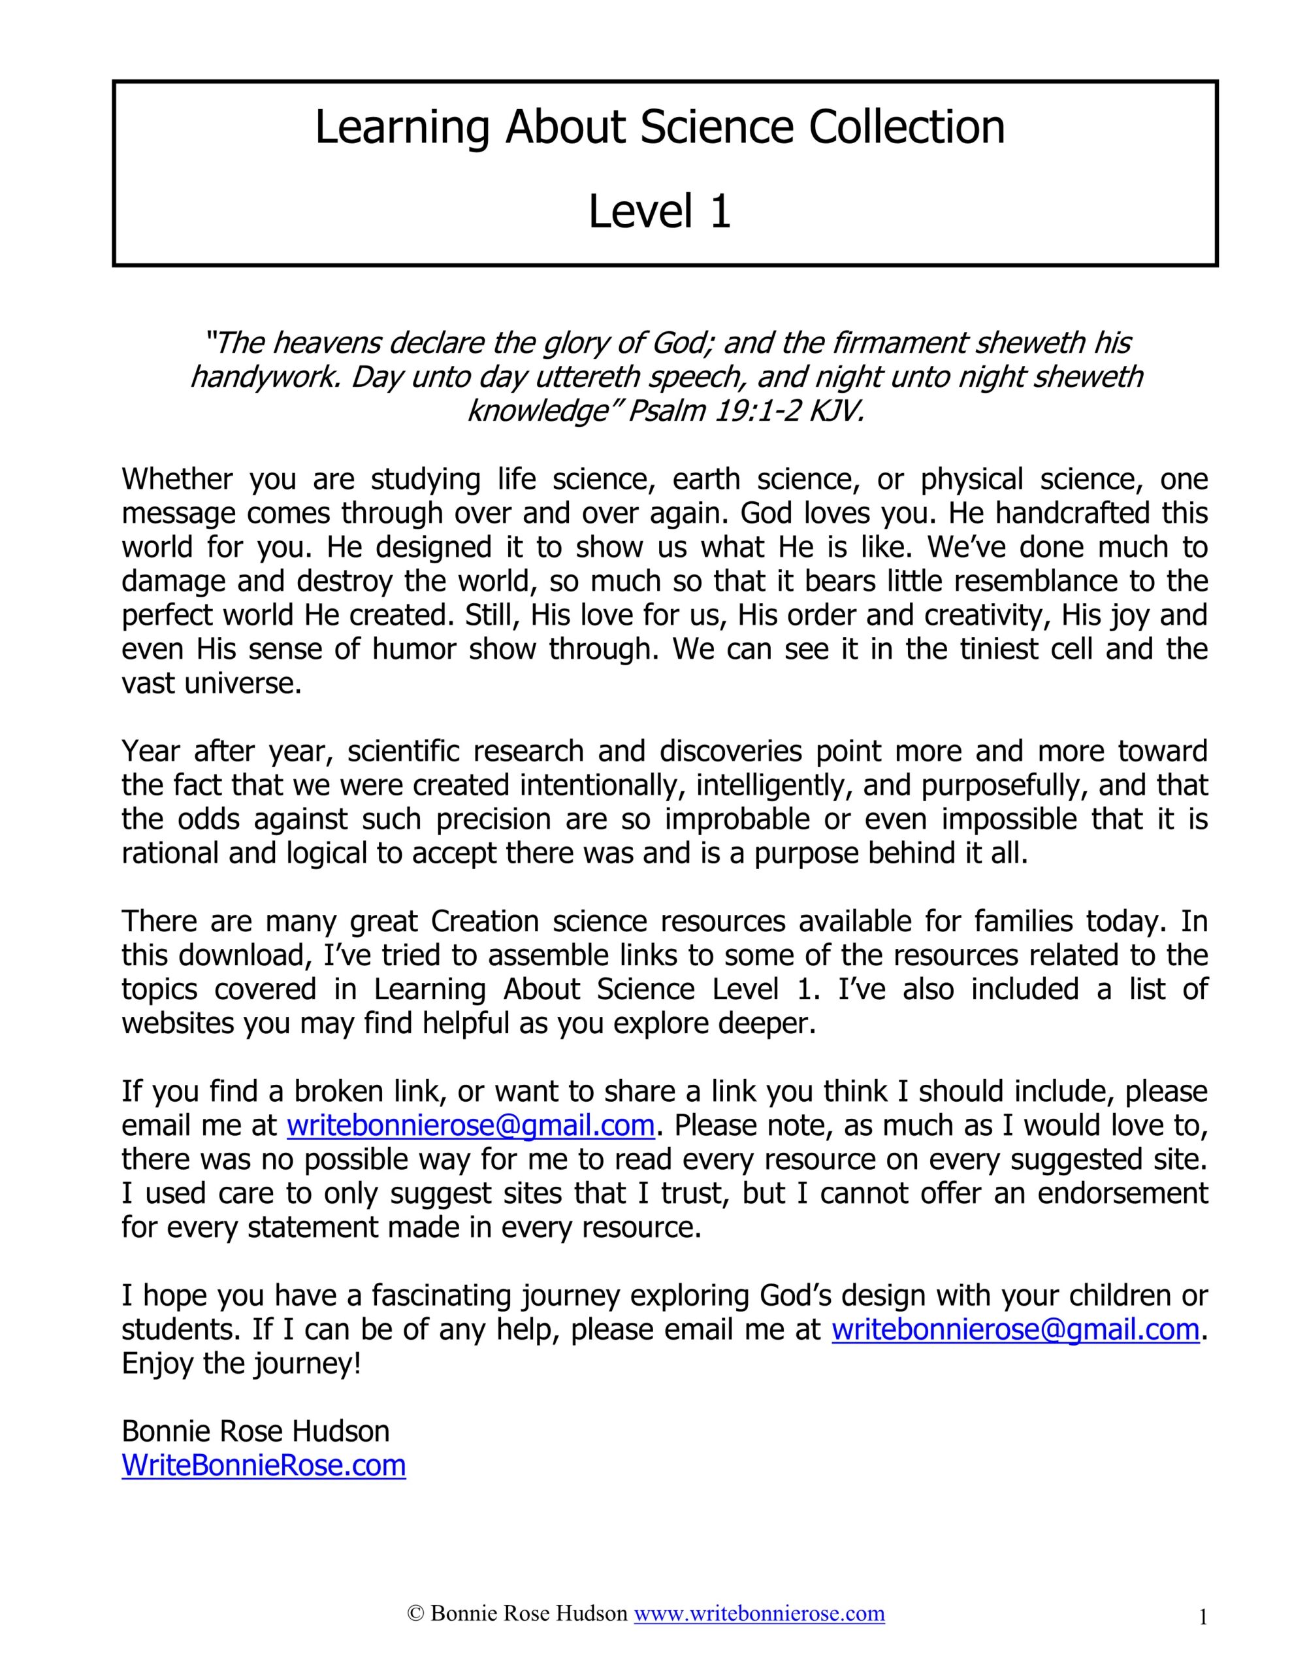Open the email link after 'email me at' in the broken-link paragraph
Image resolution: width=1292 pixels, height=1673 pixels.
tap(470, 1125)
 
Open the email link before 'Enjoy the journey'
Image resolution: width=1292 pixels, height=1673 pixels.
tap(1015, 1329)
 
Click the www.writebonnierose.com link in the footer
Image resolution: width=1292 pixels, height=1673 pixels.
tap(758, 1614)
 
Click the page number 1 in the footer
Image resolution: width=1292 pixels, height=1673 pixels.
tap(1203, 1618)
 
